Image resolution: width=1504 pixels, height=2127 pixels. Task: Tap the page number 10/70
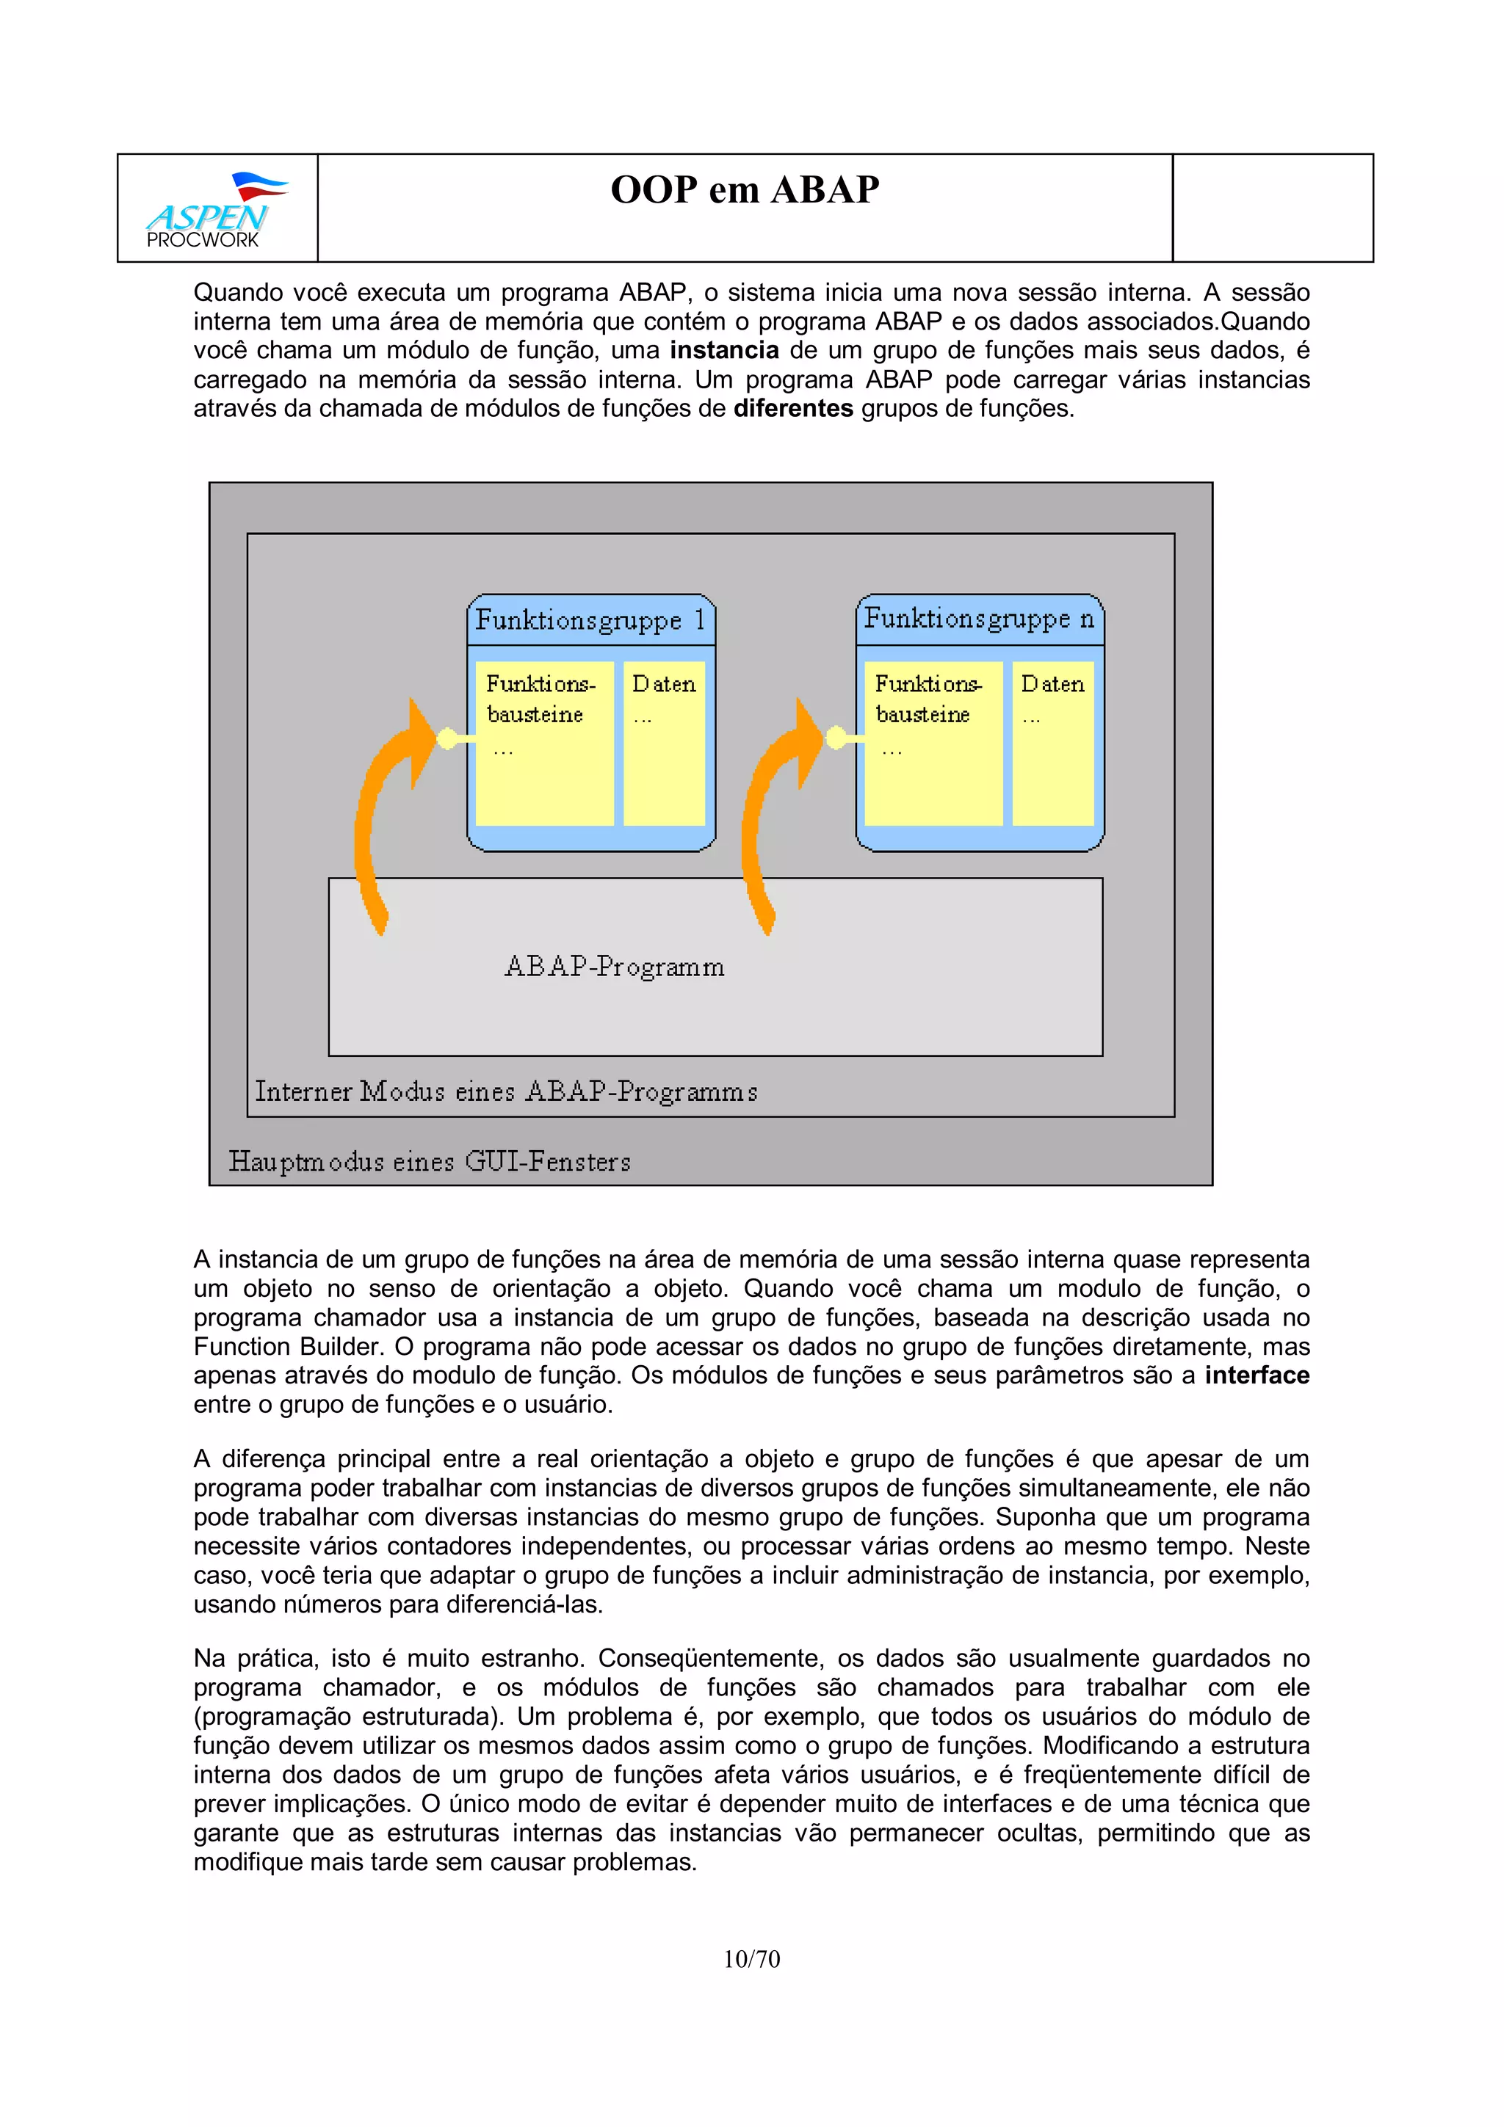(x=751, y=1958)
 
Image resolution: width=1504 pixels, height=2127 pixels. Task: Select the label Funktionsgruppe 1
(x=590, y=619)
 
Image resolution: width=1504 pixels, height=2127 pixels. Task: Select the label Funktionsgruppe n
(x=979, y=618)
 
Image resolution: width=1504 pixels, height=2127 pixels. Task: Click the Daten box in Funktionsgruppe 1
(x=663, y=742)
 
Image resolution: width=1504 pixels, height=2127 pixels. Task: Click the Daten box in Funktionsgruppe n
(x=1052, y=742)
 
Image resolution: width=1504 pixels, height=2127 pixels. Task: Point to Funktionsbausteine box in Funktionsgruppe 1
(x=544, y=742)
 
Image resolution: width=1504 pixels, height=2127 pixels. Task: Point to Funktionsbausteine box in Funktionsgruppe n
(x=932, y=742)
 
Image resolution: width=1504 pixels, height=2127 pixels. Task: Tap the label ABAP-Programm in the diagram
(x=615, y=966)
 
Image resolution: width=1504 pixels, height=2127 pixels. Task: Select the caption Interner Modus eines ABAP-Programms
(x=506, y=1091)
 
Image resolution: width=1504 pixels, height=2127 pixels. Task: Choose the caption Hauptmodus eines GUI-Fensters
(x=429, y=1161)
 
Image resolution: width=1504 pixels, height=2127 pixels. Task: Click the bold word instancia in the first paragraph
(x=724, y=350)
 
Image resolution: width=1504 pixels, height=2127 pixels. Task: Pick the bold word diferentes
(x=793, y=409)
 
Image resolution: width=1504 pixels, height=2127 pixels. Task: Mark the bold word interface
(x=1257, y=1375)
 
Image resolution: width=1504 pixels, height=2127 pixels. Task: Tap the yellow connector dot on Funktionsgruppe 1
(x=446, y=738)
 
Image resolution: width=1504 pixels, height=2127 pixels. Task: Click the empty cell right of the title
(x=1273, y=208)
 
